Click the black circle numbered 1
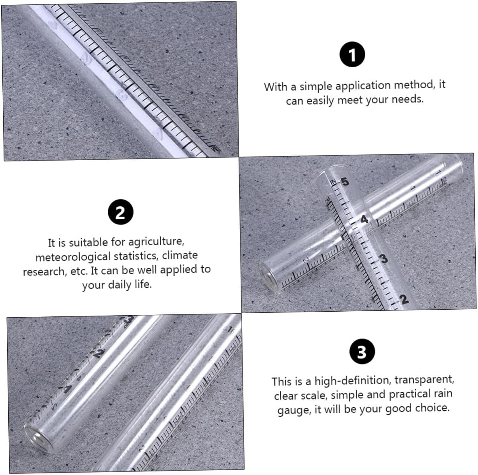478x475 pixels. pos(352,55)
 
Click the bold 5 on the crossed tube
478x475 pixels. pos(345,182)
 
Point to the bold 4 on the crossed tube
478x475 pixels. pos(364,219)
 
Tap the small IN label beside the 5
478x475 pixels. pos(333,182)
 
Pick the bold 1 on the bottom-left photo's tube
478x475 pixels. pos(68,388)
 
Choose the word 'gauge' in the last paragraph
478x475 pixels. pos(293,411)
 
